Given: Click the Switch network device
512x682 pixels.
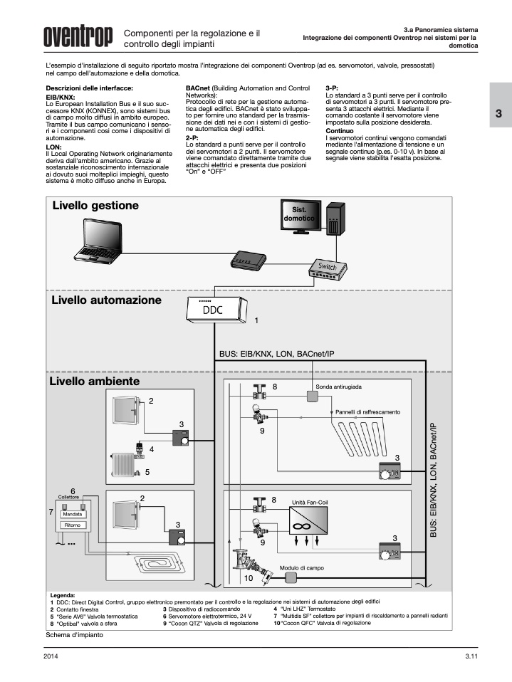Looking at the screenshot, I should pyautogui.click(x=326, y=266).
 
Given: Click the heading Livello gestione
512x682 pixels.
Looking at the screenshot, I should pyautogui.click(x=95, y=206).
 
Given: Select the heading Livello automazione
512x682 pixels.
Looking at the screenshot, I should pyautogui.click(x=106, y=300).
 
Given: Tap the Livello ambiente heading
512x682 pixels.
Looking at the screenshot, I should pyautogui.click(x=95, y=382).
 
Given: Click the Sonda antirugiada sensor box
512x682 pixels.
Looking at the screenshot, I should pyautogui.click(x=310, y=395).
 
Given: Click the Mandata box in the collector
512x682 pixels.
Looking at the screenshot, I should pyautogui.click(x=73, y=513).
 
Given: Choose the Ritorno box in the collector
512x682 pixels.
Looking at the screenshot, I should pyautogui.click(x=73, y=525).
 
